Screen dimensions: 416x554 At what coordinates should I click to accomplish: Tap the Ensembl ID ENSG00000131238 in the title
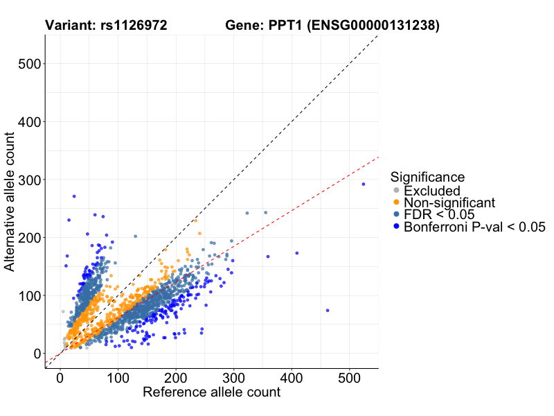375,26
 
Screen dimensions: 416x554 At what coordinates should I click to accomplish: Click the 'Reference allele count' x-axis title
211,392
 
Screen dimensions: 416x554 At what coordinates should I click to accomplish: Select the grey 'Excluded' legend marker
396,191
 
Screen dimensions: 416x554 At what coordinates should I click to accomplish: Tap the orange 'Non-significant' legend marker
396,202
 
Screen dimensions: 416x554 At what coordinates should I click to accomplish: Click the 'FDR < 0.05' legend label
438,214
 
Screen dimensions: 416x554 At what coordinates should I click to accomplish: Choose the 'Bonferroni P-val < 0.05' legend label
475,226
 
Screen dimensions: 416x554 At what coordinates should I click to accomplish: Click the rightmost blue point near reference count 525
364,184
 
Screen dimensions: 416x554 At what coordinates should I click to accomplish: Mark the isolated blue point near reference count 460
328,310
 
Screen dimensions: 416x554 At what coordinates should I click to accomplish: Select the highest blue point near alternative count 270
74,196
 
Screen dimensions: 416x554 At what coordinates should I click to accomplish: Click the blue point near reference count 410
297,253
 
